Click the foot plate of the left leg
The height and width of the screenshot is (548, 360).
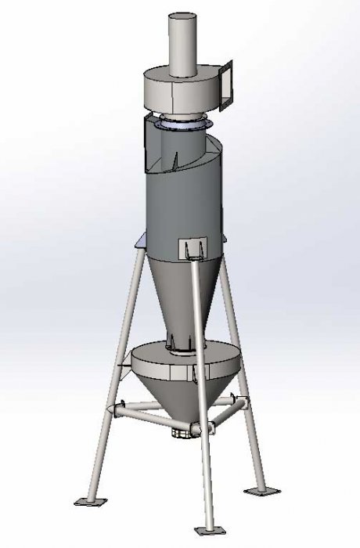[x=87, y=499]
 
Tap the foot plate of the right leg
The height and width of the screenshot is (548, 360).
[x=262, y=492]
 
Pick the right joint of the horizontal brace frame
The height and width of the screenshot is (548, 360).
[x=243, y=402]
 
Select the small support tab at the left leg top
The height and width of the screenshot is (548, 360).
[x=139, y=243]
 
